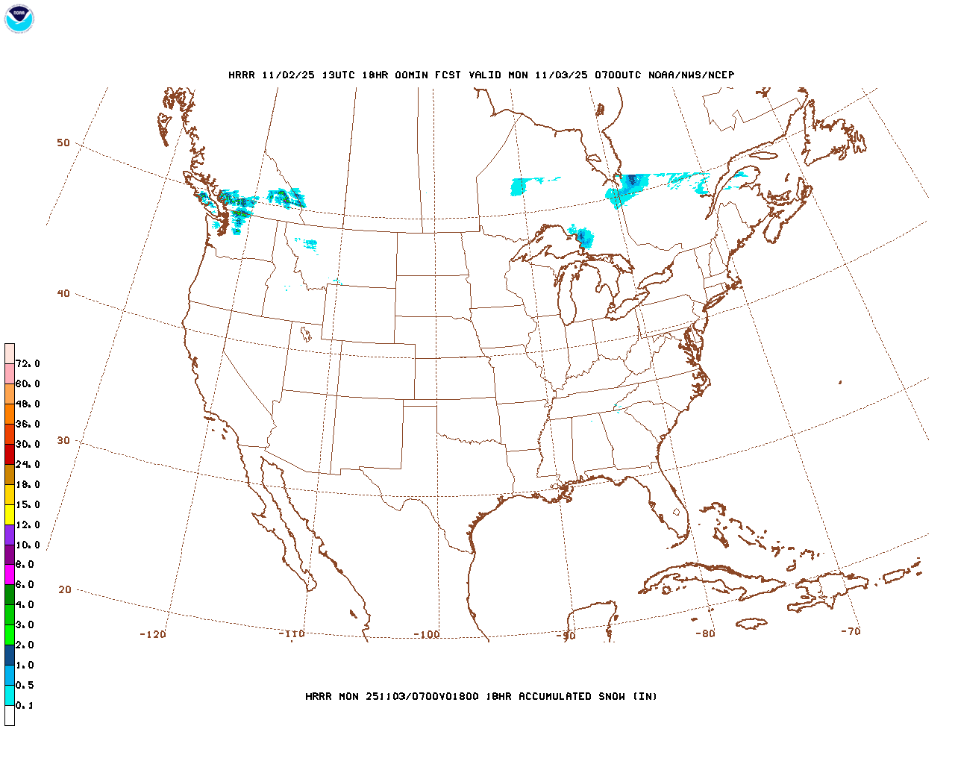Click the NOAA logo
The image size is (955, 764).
pos(19,19)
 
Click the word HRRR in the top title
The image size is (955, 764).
pos(241,75)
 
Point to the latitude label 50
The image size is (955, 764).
pos(63,143)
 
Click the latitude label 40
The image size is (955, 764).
pos(63,293)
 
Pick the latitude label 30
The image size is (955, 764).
pos(63,440)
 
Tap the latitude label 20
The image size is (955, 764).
pos(65,589)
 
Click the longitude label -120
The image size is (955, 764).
pos(153,634)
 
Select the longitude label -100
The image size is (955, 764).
pos(427,634)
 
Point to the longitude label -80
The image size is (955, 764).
pos(705,633)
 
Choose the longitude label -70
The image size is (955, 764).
pos(851,630)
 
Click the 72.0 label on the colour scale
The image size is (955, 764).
pos(28,363)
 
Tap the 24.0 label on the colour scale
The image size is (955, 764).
pos(28,464)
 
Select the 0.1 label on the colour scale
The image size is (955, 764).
pos(25,705)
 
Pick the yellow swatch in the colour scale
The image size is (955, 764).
pos(10,515)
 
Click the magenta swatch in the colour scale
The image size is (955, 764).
pos(10,574)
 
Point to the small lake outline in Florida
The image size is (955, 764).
pos(677,513)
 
